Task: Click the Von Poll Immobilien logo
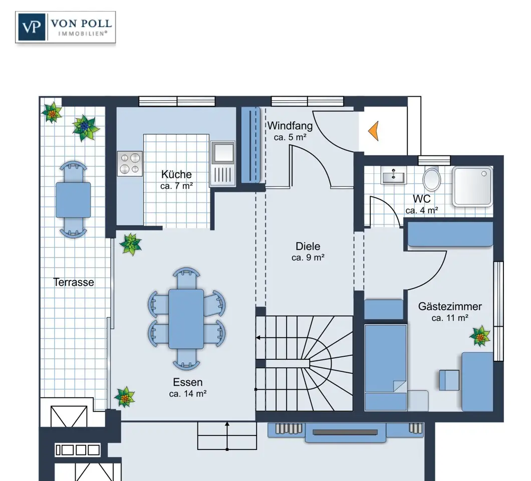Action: [x=65, y=27]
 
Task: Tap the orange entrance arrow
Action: [x=374, y=131]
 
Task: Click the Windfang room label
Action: [x=290, y=126]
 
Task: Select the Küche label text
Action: [x=176, y=174]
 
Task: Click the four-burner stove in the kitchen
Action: [x=130, y=163]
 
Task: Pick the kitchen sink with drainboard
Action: [x=222, y=163]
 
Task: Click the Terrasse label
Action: [x=74, y=282]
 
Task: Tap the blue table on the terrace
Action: [x=73, y=200]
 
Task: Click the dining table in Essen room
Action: [x=186, y=319]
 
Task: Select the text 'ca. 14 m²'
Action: [x=188, y=394]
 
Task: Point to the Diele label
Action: [x=308, y=246]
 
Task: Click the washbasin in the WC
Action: [x=393, y=175]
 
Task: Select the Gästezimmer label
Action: [x=450, y=306]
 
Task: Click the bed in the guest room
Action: [x=386, y=367]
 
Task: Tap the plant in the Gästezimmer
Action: [x=480, y=336]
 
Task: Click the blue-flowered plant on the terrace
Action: [x=85, y=127]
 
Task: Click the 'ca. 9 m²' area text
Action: [x=308, y=258]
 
